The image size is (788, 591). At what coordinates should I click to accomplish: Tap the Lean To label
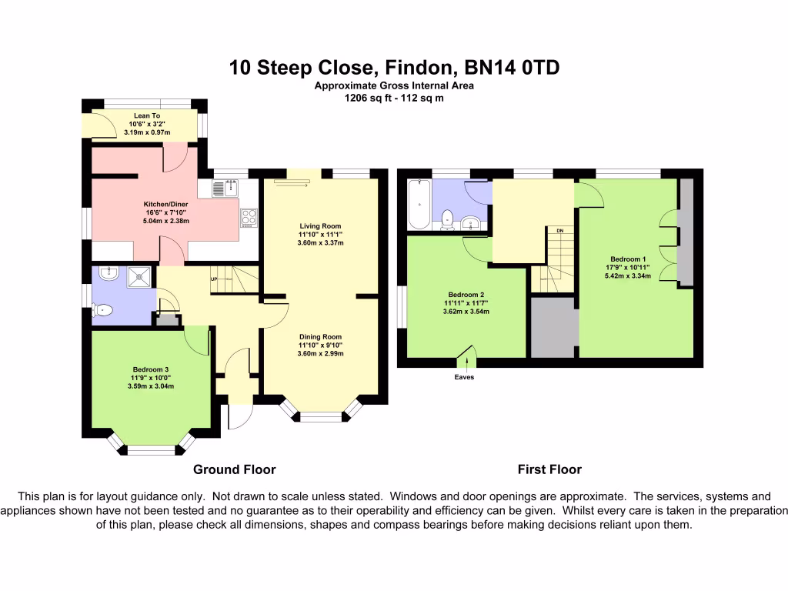click(146, 115)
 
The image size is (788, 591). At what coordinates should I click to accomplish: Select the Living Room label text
click(321, 226)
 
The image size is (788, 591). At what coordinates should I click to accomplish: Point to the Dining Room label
click(321, 336)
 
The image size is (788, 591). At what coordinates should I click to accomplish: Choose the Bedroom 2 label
click(466, 294)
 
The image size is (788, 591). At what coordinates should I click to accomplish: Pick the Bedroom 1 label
click(628, 259)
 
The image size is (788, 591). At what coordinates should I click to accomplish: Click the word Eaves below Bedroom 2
click(464, 377)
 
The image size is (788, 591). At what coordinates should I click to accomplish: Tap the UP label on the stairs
click(215, 279)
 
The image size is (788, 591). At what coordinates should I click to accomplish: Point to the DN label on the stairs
click(559, 230)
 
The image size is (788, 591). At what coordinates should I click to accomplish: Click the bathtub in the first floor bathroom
click(419, 204)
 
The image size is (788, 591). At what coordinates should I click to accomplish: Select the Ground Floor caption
click(234, 469)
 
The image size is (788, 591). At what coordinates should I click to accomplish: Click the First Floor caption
click(549, 469)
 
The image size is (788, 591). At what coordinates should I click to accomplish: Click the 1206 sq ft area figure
click(367, 98)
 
